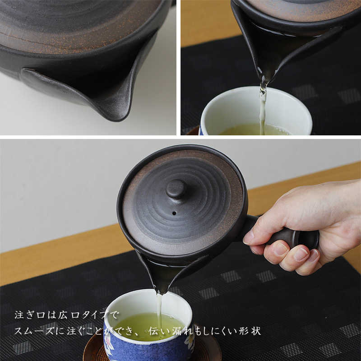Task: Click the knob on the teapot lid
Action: (176, 189)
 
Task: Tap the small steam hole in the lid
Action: (175, 213)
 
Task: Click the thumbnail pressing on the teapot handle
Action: (249, 237)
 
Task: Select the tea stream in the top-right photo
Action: (263, 108)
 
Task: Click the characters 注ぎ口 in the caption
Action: (30, 315)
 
